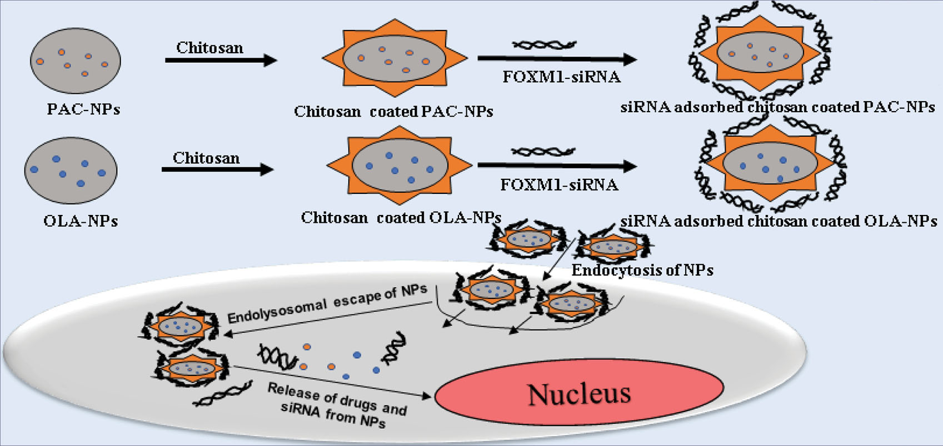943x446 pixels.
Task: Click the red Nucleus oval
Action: click(x=579, y=394)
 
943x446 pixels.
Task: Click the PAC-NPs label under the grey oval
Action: click(x=83, y=109)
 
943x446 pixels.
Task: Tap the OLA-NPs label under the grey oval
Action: click(x=81, y=221)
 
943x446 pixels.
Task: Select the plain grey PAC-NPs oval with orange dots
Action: click(x=76, y=61)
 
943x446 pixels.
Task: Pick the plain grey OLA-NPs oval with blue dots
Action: click(x=71, y=171)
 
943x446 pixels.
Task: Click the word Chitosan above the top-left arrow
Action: click(x=209, y=48)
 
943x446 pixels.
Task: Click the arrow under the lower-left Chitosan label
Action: click(x=217, y=169)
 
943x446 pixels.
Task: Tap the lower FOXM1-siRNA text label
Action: click(x=559, y=184)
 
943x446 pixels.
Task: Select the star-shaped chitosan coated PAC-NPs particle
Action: click(x=395, y=58)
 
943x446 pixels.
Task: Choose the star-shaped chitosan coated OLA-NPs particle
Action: click(x=400, y=164)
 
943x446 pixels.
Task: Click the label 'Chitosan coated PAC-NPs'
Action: click(x=393, y=112)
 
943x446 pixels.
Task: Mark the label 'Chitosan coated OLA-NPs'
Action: click(x=401, y=217)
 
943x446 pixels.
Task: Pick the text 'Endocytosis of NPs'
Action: click(x=642, y=270)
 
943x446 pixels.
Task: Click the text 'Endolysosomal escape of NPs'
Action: click(x=327, y=303)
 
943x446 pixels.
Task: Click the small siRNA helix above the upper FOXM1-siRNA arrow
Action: click(x=545, y=44)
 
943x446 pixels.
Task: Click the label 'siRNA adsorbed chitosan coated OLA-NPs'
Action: click(x=779, y=221)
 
